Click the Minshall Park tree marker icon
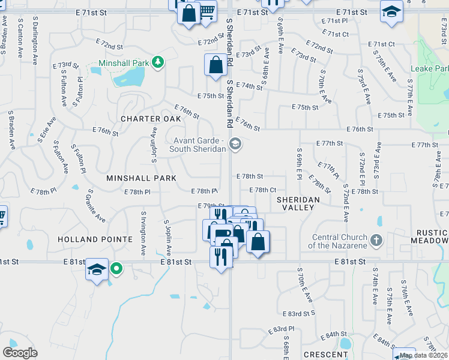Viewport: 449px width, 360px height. tap(157, 62)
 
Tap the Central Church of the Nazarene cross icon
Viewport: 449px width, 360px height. tap(376, 241)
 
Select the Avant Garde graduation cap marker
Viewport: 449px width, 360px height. tap(235, 143)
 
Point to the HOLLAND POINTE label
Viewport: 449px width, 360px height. tap(95, 239)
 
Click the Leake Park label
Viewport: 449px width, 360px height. tap(429, 68)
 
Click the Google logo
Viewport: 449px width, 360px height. tap(20, 353)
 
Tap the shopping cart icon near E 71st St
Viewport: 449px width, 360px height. tap(207, 11)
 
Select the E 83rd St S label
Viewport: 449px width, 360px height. tap(302, 314)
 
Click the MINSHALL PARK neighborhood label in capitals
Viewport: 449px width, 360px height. tap(142, 178)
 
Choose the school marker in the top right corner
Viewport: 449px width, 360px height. tap(391, 11)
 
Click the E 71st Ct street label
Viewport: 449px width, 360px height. tap(384, 44)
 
